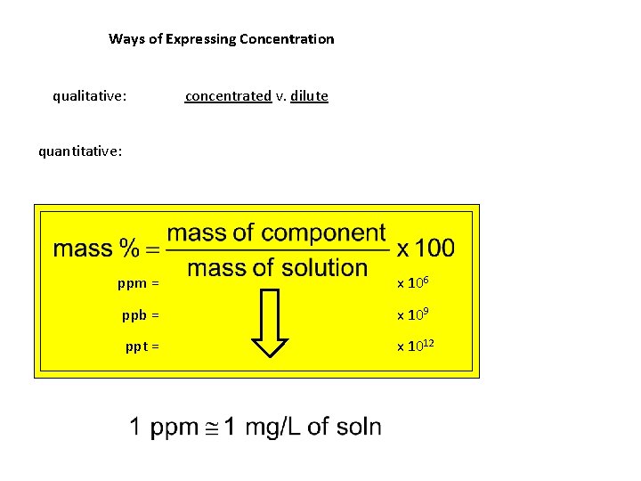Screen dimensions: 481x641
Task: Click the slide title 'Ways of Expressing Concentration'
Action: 221,39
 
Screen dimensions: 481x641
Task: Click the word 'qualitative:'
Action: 89,95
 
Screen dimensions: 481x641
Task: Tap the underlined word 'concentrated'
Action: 227,95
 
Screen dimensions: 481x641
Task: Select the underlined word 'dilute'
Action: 309,95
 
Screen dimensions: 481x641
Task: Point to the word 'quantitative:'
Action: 80,151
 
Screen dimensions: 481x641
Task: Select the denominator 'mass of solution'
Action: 277,267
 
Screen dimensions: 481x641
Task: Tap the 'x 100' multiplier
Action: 426,248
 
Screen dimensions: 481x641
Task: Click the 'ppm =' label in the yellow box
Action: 138,283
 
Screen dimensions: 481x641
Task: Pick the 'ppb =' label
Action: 141,314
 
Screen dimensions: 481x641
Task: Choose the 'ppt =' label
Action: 142,346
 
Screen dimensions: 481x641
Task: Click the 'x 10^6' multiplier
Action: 414,282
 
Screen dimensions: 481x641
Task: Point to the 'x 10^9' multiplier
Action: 414,314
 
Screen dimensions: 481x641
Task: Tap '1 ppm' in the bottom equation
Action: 164,428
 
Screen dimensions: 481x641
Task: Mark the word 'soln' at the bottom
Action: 355,428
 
